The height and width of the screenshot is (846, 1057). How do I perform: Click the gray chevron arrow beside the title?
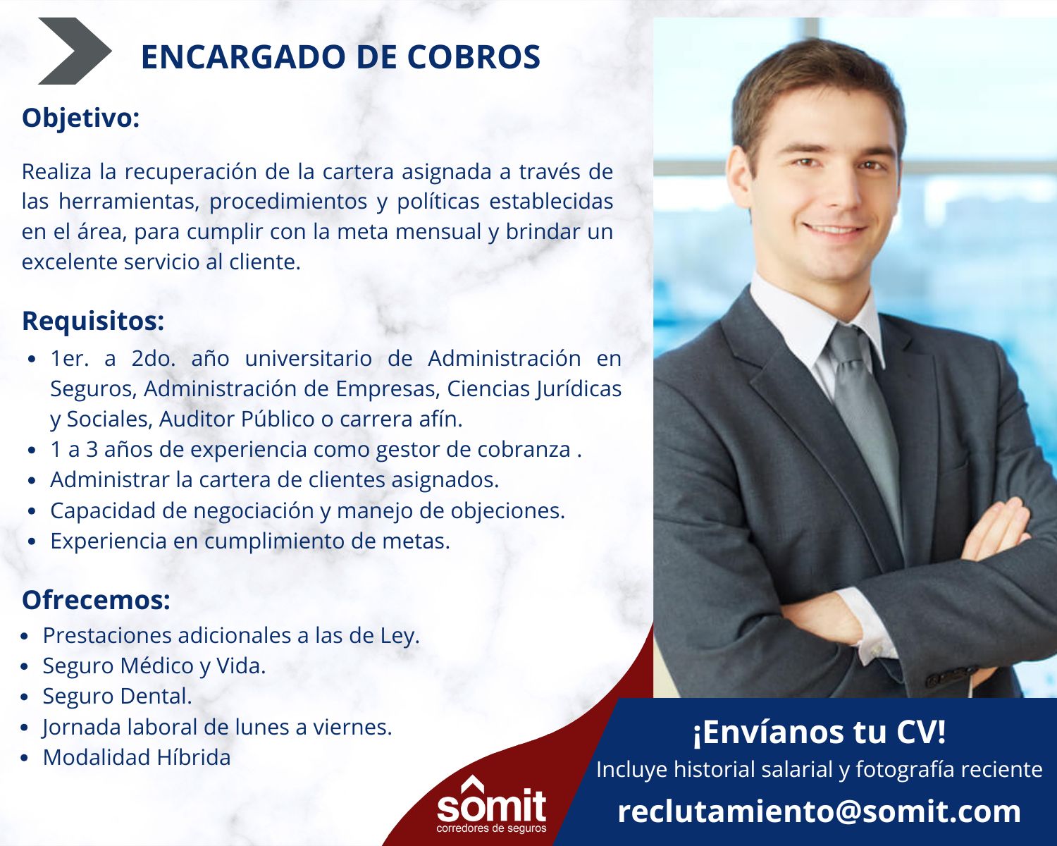74,51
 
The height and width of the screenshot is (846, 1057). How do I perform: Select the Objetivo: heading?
81,118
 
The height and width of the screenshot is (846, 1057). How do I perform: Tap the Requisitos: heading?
93,321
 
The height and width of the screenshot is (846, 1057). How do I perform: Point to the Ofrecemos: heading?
96,600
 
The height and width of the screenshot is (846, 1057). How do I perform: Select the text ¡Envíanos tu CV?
820,732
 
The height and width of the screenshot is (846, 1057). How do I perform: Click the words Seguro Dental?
117,696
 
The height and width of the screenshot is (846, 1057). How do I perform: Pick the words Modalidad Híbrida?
137,757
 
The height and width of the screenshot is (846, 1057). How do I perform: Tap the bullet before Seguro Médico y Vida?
25,667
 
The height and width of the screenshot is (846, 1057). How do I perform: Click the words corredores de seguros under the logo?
491,828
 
